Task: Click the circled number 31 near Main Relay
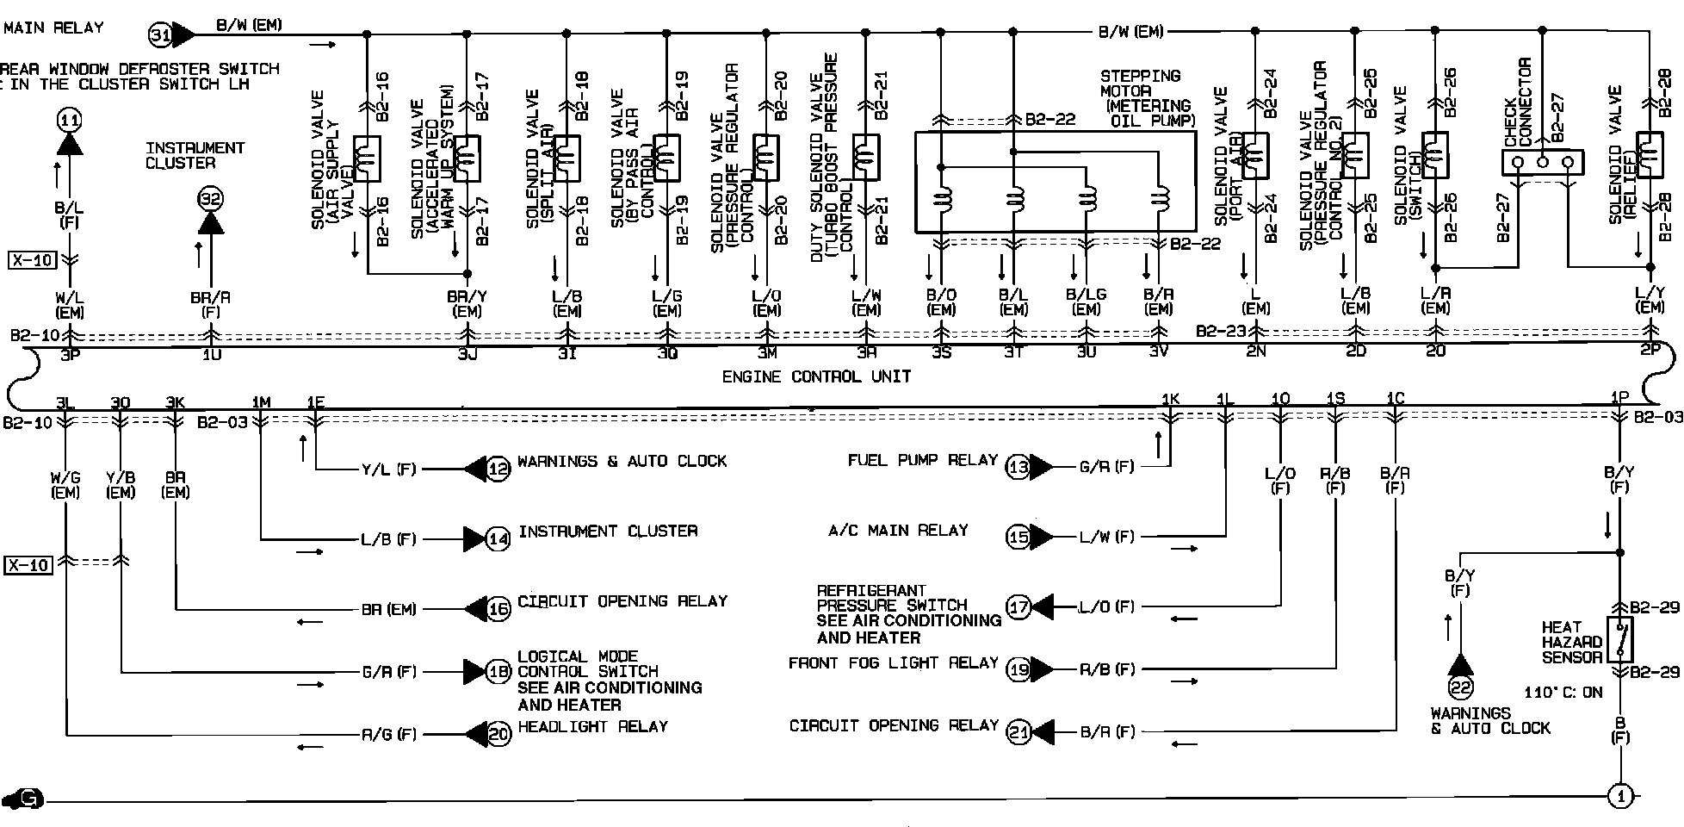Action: (160, 35)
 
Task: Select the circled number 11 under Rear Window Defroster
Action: (69, 119)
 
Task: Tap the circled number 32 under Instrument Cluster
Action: (210, 199)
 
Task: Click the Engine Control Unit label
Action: (815, 376)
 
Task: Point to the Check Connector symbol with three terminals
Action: (1542, 162)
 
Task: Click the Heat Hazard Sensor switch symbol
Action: (1620, 639)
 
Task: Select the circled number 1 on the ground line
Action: (1620, 797)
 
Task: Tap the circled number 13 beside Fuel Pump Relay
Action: (1018, 467)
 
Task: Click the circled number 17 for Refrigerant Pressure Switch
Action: (1018, 607)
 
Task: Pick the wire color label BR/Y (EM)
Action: (467, 303)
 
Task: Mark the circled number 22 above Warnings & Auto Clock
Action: (1461, 687)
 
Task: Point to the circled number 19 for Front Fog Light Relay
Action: (1018, 669)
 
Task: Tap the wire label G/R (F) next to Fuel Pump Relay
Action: (1106, 467)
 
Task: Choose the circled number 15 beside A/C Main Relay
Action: (1018, 538)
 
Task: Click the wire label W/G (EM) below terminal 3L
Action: (65, 484)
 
